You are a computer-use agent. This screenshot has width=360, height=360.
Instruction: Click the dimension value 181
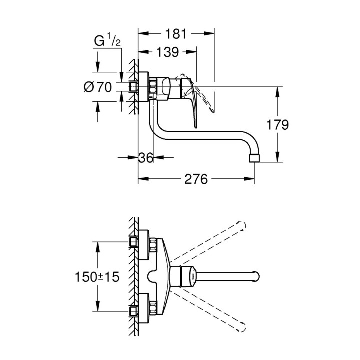coord(175,34)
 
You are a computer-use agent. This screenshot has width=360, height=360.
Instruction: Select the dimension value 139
coord(168,52)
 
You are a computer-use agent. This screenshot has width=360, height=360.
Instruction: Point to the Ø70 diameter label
coord(97,87)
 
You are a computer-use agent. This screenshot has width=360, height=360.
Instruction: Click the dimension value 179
coord(278,125)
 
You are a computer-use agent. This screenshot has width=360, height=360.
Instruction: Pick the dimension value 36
coord(146,158)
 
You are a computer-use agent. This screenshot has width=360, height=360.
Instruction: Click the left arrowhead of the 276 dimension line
coord(141,179)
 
